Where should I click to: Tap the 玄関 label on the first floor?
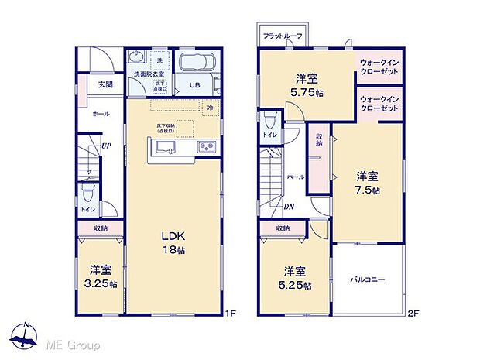coord(105,85)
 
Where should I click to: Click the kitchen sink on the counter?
coord(166,147)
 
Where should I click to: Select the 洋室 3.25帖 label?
coord(101,276)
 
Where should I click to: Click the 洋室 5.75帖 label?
coord(306,85)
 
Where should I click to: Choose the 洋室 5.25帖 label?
coord(297,278)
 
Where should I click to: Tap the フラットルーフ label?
coord(283,36)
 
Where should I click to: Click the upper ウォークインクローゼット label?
coord(378,67)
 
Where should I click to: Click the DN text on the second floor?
coord(288,207)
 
